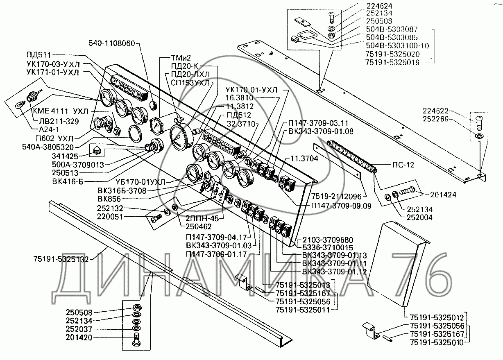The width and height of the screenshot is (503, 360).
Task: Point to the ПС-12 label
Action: [403, 165]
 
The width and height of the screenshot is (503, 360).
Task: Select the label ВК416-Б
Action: [67, 181]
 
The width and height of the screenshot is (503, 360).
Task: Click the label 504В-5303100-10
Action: [397, 46]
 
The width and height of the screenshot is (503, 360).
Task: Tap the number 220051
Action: [120, 217]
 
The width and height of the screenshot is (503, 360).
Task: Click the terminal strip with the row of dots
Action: [352, 156]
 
